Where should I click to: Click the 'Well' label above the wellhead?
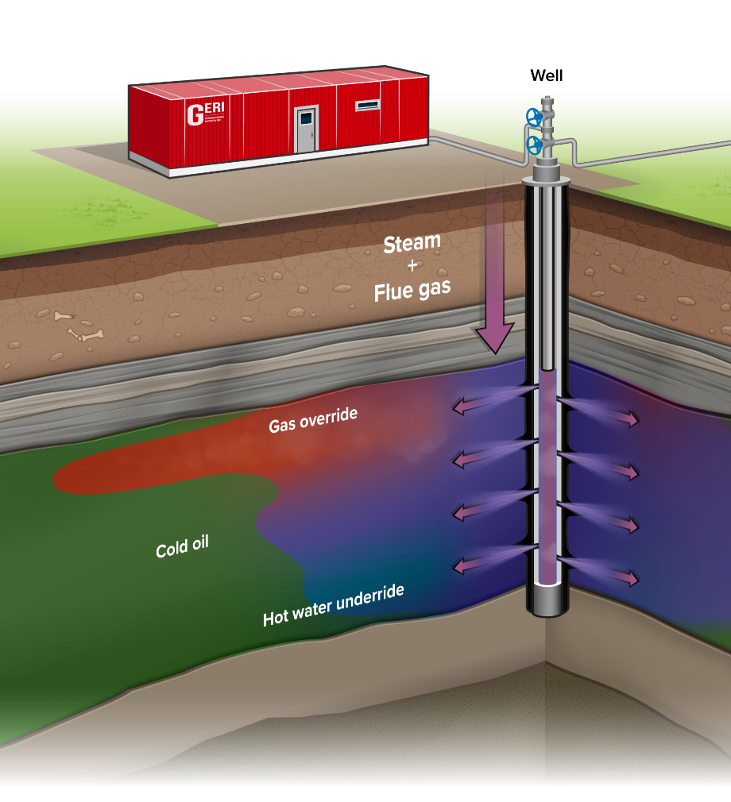(546, 76)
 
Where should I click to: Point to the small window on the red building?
(367, 105)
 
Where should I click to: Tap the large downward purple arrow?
(495, 310)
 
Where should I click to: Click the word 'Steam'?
(412, 244)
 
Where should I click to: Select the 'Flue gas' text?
(412, 291)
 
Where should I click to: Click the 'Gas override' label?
(312, 420)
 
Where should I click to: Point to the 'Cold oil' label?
(181, 548)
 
